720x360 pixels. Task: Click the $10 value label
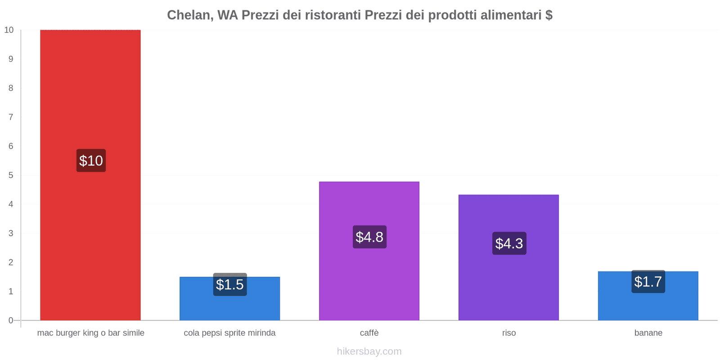click(x=91, y=161)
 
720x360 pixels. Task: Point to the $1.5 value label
click(x=230, y=284)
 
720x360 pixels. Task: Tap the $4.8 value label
click(x=369, y=237)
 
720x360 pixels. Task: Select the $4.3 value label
click(x=509, y=243)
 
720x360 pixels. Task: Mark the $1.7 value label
click(x=648, y=282)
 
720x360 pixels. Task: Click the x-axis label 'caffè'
click(x=369, y=333)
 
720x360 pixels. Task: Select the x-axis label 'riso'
click(x=509, y=333)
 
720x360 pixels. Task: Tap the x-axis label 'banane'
click(x=648, y=333)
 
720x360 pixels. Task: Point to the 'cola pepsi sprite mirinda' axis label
click(x=229, y=333)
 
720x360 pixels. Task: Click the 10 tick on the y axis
click(x=9, y=30)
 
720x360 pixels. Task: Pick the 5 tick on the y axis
click(x=11, y=175)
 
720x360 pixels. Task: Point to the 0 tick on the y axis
click(x=11, y=320)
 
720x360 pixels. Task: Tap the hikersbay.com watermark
click(x=369, y=351)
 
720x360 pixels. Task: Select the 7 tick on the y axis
click(x=11, y=117)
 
